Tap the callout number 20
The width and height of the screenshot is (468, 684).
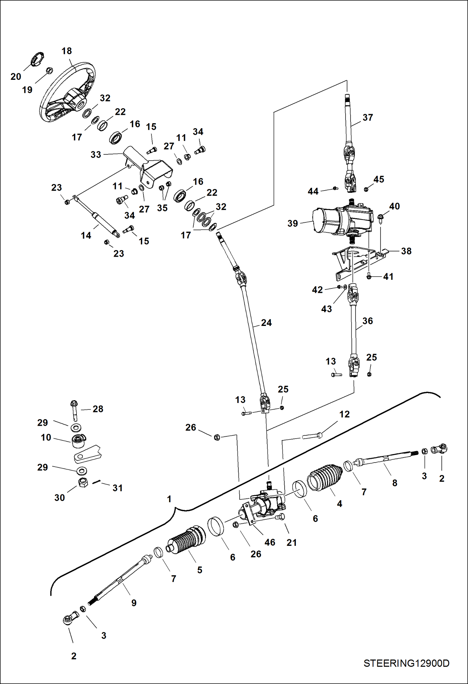point(16,76)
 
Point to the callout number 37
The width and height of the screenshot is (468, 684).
point(368,118)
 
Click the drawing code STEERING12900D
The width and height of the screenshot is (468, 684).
point(406,663)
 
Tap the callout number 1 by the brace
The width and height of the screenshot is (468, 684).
point(169,499)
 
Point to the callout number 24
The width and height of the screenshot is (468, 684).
point(266,323)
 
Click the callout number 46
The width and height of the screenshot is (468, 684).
point(270,542)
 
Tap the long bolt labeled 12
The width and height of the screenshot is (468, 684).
point(312,436)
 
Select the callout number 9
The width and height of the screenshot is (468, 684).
point(134,603)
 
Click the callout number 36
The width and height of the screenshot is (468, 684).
point(368,321)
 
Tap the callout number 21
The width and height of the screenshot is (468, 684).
point(291,542)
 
